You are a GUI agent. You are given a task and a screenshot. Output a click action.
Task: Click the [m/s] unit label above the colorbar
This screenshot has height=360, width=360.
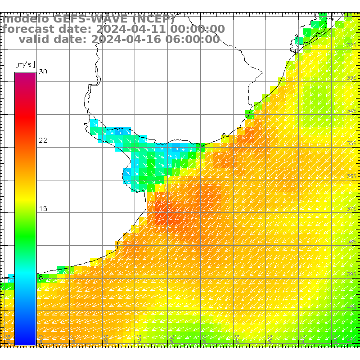(x=25, y=64)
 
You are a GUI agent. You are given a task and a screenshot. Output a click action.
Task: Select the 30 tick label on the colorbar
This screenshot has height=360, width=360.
(x=43, y=72)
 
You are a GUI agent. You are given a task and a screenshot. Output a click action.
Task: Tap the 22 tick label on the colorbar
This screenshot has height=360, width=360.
(x=43, y=140)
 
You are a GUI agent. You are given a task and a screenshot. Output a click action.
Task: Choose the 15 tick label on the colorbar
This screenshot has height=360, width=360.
(x=43, y=209)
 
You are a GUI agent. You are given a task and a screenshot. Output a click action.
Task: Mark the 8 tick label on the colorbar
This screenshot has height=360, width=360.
(x=41, y=277)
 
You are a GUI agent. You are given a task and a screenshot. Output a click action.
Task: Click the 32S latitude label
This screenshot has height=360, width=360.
(x=351, y=45)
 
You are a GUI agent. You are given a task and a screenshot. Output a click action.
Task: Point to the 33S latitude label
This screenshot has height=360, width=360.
(x=351, y=78)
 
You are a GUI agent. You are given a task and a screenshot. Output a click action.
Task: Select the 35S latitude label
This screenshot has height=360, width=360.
(x=351, y=144)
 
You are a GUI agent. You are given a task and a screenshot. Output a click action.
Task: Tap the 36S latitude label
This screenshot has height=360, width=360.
(x=351, y=176)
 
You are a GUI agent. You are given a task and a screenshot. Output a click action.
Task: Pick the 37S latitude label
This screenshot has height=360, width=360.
(x=351, y=209)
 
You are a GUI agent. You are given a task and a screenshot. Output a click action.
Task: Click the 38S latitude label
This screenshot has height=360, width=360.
(x=351, y=242)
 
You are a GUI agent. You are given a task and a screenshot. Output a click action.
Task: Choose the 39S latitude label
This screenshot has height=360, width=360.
(x=351, y=274)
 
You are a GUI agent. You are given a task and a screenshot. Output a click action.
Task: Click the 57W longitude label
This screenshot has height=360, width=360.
(x=139, y=337)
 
